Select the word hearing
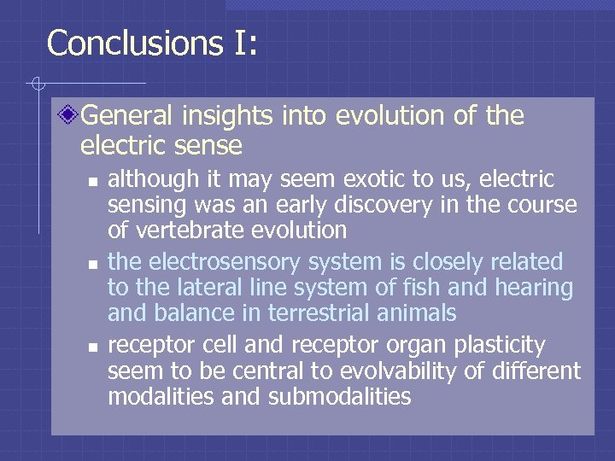(x=530, y=288)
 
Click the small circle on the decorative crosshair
(x=37, y=84)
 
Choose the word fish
(x=398, y=288)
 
